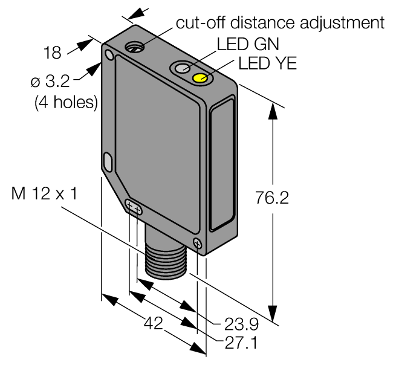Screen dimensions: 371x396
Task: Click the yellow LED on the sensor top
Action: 200,78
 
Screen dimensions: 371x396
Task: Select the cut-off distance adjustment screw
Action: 134,47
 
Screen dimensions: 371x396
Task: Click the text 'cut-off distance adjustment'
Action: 280,23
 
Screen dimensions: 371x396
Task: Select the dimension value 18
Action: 53,53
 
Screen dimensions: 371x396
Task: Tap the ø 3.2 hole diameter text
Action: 66,80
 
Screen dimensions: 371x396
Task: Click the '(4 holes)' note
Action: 66,102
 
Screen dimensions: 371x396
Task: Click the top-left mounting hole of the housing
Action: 109,56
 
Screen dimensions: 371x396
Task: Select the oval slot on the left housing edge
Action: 108,161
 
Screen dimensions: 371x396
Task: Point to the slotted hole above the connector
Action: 134,208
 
